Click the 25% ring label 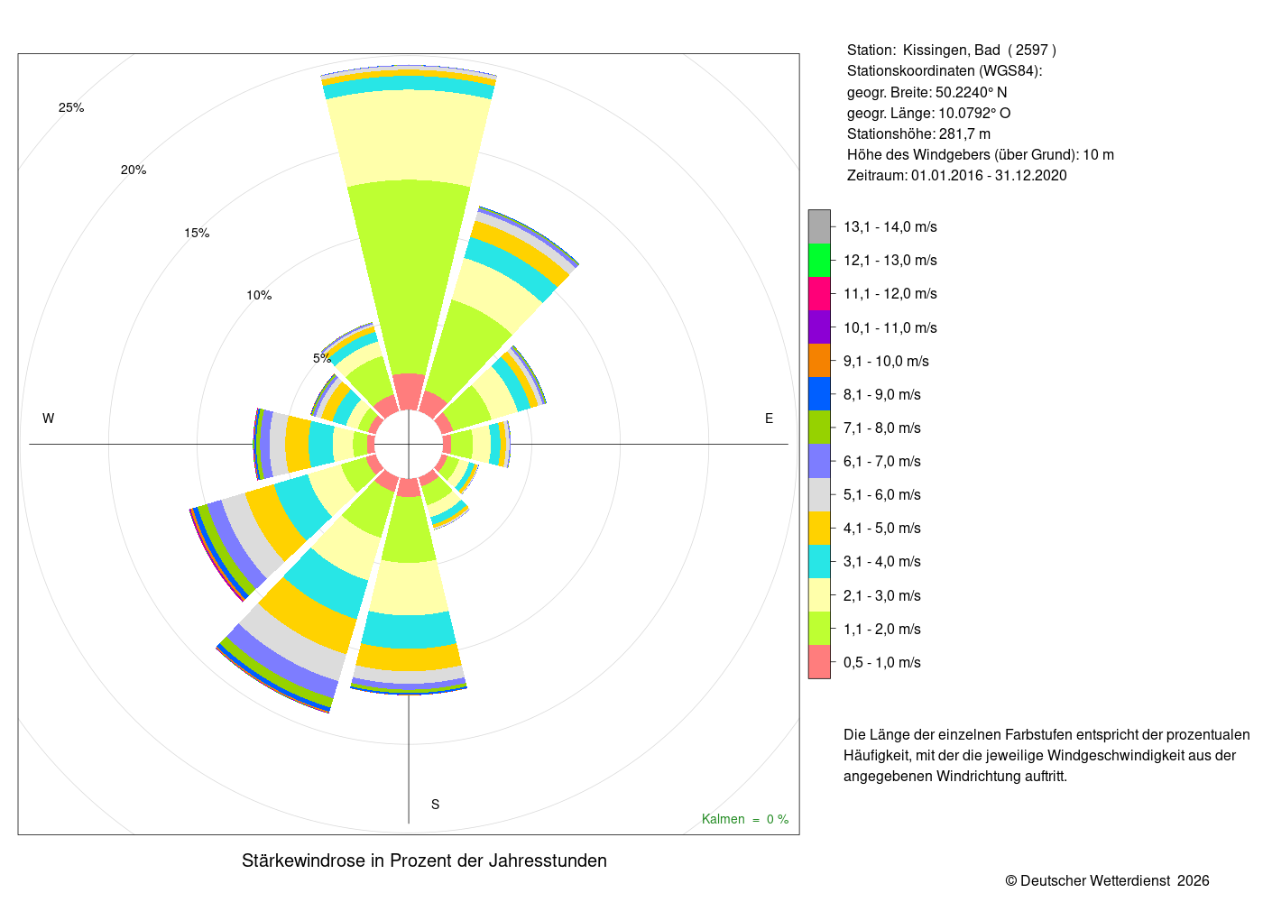pos(71,107)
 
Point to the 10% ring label pos(259,295)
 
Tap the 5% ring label pos(322,358)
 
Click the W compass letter pos(49,419)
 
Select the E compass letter pos(769,419)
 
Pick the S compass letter pos(435,805)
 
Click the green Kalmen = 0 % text pos(745,819)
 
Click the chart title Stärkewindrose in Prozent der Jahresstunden pos(424,861)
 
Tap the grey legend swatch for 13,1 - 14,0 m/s pos(819,226)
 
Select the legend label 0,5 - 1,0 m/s pos(882,662)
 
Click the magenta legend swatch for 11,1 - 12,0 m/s pos(819,294)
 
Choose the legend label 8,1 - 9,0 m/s pos(882,395)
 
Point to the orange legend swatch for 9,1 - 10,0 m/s pos(819,361)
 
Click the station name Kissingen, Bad pos(951,51)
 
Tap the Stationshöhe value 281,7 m pos(964,134)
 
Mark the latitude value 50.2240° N pos(971,92)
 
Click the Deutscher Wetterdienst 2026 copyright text pos(1107,880)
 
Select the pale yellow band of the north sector pos(408,138)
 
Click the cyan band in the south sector pos(408,630)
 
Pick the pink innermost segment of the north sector pos(408,391)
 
